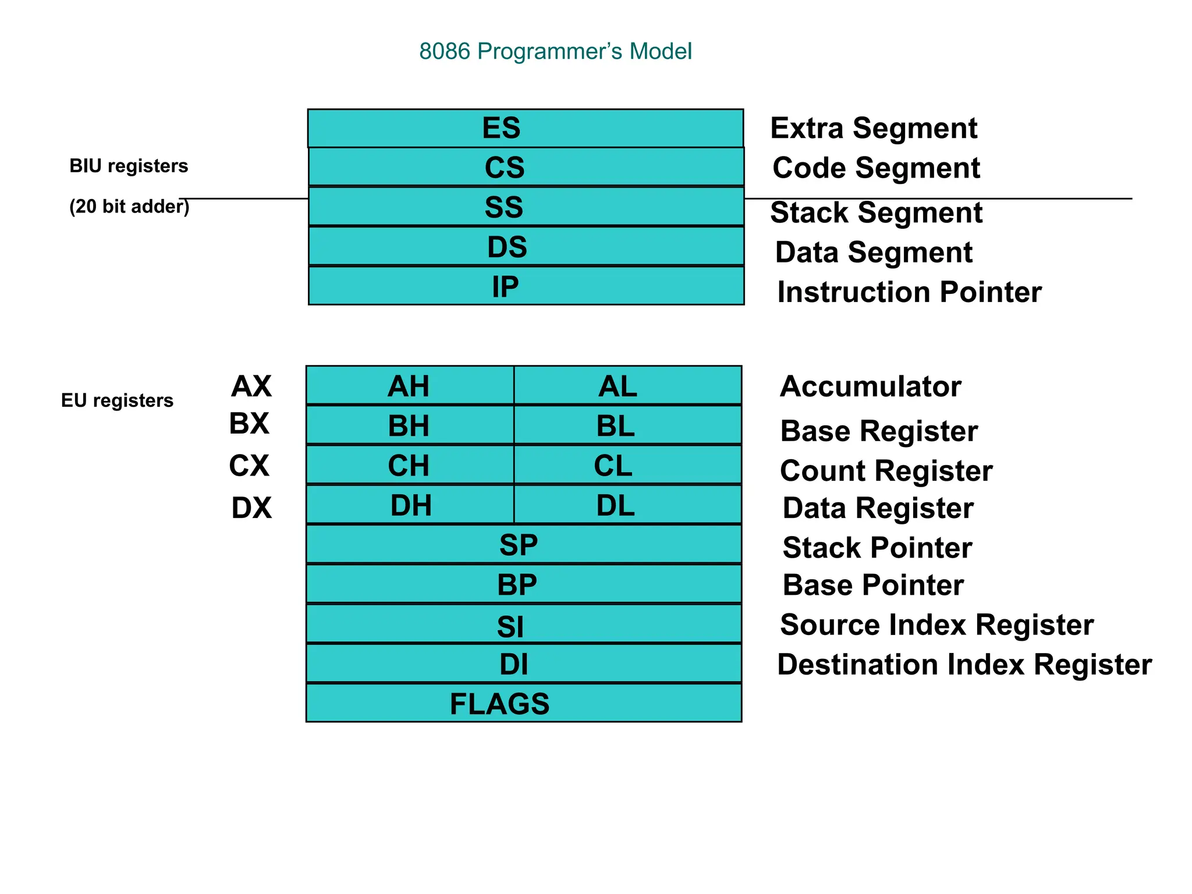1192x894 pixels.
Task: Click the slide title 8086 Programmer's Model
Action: [x=555, y=51]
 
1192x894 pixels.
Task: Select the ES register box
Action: [x=525, y=128]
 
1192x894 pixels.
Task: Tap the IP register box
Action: [x=526, y=286]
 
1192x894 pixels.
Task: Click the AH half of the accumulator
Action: [x=410, y=386]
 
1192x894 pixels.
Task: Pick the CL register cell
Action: [x=627, y=466]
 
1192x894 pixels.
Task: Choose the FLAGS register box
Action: [x=523, y=703]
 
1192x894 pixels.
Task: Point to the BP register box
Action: [x=523, y=584]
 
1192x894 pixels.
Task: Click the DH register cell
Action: [x=410, y=505]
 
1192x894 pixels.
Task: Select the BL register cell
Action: [x=627, y=426]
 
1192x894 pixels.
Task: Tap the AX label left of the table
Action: [x=251, y=386]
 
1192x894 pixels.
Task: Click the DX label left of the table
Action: [x=251, y=508]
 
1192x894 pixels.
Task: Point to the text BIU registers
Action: [x=129, y=166]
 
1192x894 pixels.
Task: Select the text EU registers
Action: [x=117, y=400]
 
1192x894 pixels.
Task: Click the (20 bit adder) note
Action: [x=129, y=207]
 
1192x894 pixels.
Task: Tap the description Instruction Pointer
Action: [x=909, y=292]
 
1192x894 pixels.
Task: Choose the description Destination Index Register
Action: [x=964, y=665]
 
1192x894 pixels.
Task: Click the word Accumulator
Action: [x=870, y=386]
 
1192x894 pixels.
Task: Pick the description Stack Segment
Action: [x=876, y=212]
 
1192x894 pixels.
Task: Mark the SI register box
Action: [x=523, y=625]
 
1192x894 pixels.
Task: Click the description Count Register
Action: [x=886, y=471]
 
